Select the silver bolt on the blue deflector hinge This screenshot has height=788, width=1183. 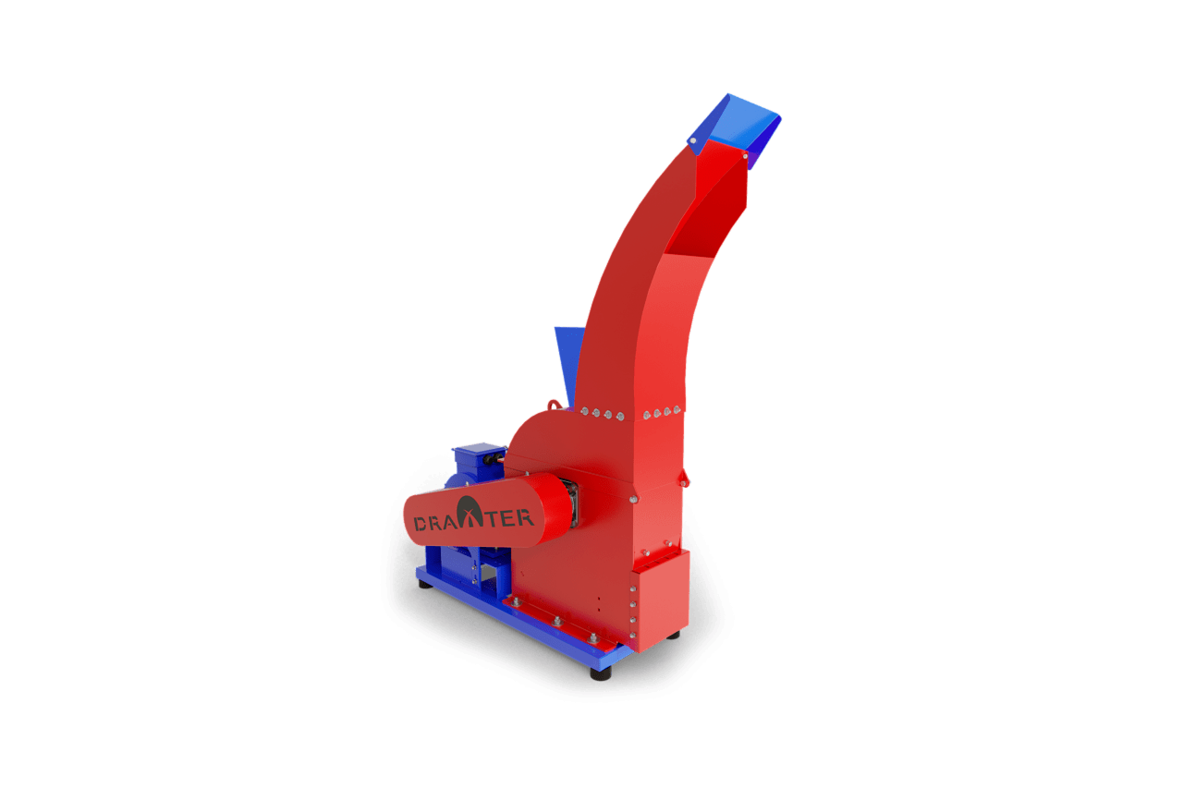point(693,140)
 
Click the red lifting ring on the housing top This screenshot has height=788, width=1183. point(554,405)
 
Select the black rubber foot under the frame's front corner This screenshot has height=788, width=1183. point(601,673)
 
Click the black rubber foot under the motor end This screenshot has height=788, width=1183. point(425,584)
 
